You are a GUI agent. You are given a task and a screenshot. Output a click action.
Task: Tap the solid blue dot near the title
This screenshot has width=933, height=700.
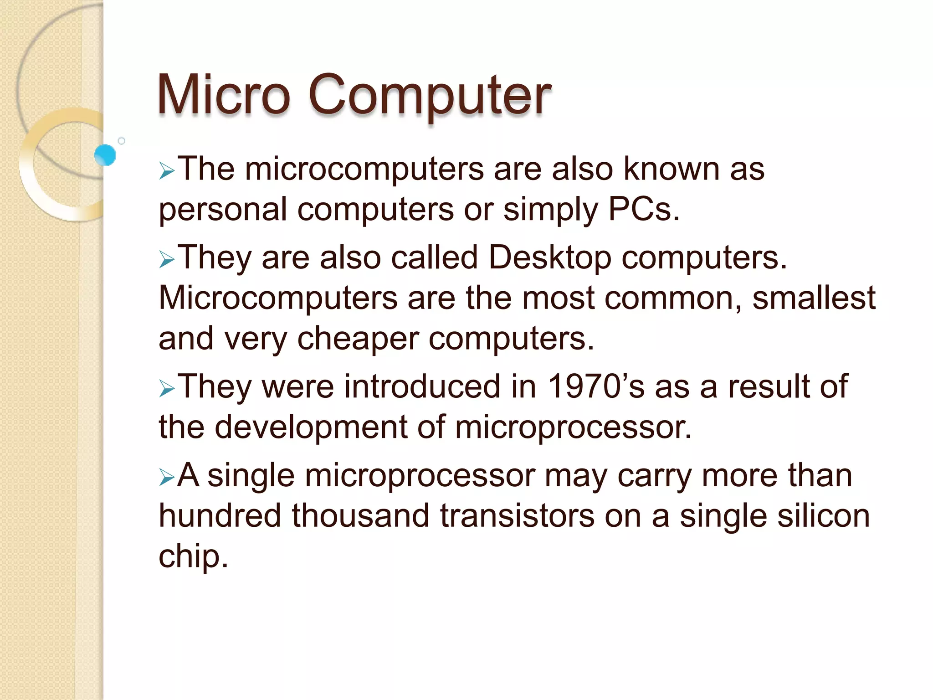point(105,155)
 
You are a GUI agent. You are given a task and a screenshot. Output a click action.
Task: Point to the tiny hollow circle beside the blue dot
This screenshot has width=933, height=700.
point(122,141)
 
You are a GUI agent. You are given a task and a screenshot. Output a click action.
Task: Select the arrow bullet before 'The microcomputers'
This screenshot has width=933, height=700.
point(167,172)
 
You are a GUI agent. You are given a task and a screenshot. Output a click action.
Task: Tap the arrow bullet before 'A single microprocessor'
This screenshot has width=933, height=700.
point(167,478)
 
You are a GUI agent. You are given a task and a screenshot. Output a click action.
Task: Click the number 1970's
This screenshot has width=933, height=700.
point(595,386)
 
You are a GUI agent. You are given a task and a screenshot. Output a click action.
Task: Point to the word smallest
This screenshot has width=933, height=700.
point(814,298)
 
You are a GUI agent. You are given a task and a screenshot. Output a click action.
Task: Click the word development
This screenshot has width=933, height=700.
point(311,428)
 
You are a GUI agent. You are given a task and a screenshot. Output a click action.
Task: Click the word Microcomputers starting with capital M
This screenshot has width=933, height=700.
point(278,298)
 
